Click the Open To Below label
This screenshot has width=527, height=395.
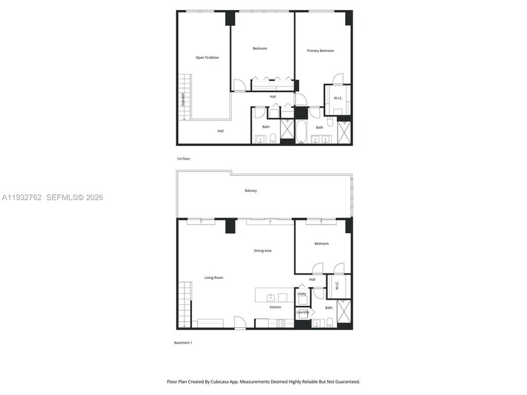pyautogui.click(x=207, y=58)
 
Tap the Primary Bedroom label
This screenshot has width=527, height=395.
pyautogui.click(x=320, y=51)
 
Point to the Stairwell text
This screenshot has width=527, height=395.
pyautogui.click(x=183, y=99)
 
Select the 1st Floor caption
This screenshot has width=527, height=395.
pyautogui.click(x=183, y=159)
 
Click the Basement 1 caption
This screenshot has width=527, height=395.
pyautogui.click(x=183, y=342)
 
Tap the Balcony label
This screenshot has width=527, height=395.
pyautogui.click(x=251, y=191)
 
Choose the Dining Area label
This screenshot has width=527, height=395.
pyautogui.click(x=262, y=251)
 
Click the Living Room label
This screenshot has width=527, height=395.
pyautogui.click(x=213, y=277)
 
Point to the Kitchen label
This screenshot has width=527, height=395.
pyautogui.click(x=275, y=307)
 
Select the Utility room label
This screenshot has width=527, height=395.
pyautogui.click(x=302, y=293)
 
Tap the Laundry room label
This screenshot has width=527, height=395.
pyautogui.click(x=302, y=312)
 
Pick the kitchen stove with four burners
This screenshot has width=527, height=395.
pyautogui.click(x=280, y=323)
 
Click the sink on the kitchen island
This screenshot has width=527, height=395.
pyautogui.click(x=271, y=297)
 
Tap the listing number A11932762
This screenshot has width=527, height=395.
pyautogui.click(x=21, y=197)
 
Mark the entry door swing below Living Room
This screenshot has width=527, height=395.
pyautogui.click(x=239, y=323)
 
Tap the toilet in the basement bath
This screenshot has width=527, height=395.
pyautogui.click(x=330, y=323)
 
